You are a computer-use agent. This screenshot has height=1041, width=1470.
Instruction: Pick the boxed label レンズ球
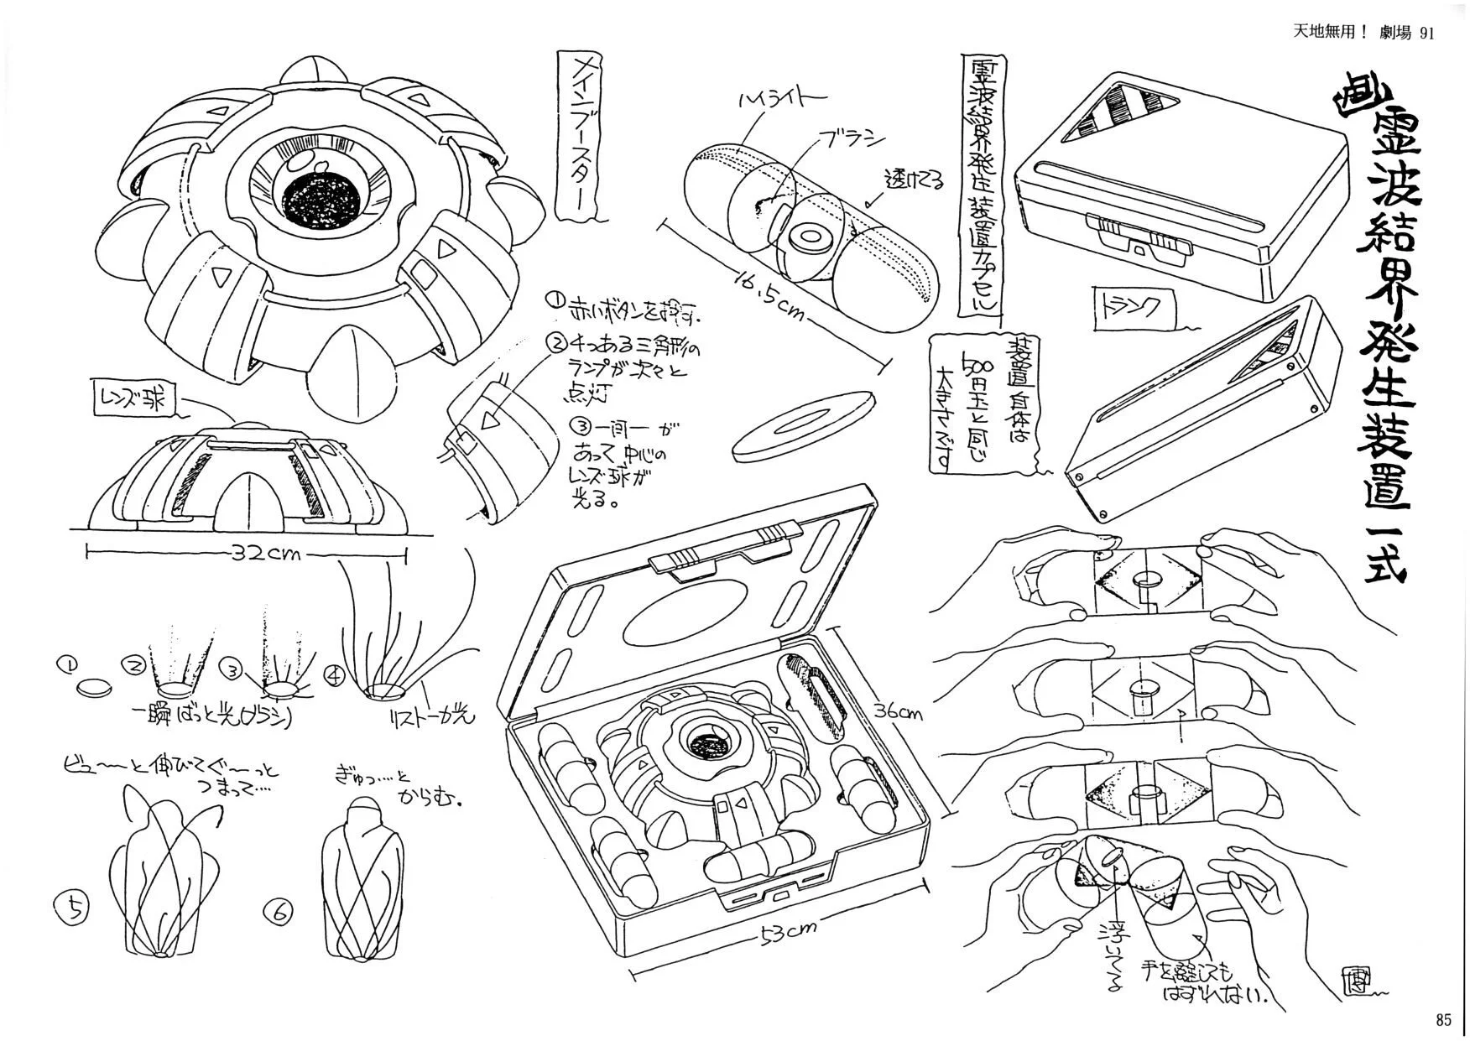pos(135,399)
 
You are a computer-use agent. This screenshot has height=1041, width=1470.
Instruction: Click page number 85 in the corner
pos(1442,1020)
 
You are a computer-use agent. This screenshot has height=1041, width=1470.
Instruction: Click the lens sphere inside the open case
pos(707,742)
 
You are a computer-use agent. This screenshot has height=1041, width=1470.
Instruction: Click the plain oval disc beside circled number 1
pos(94,688)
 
